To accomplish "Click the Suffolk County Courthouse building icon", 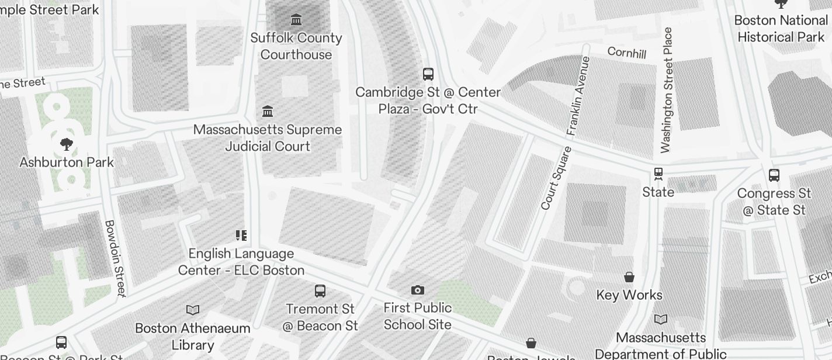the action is pyautogui.click(x=296, y=20).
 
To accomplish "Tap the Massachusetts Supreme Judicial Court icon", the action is pyautogui.click(x=268, y=111).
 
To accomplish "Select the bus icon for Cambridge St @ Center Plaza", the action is pyautogui.click(x=428, y=74).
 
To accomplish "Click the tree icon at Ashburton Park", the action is pyautogui.click(x=67, y=144).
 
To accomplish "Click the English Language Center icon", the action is pyautogui.click(x=241, y=236).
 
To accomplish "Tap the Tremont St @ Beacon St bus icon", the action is pyautogui.click(x=320, y=290).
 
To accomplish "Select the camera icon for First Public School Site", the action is pyautogui.click(x=418, y=290).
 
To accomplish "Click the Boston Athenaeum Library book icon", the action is pyautogui.click(x=193, y=310).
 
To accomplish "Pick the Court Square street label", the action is pyautogui.click(x=556, y=178).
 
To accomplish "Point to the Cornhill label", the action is pyautogui.click(x=627, y=53).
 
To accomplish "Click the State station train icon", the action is pyautogui.click(x=658, y=174).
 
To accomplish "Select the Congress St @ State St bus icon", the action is pyautogui.click(x=774, y=175).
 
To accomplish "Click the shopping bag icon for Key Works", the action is pyautogui.click(x=629, y=276).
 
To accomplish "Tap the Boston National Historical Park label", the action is pyautogui.click(x=781, y=29).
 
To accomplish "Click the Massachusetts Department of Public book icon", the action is pyautogui.click(x=661, y=319).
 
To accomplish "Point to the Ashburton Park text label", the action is pyautogui.click(x=67, y=162).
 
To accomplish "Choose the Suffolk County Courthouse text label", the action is pyautogui.click(x=296, y=46).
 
